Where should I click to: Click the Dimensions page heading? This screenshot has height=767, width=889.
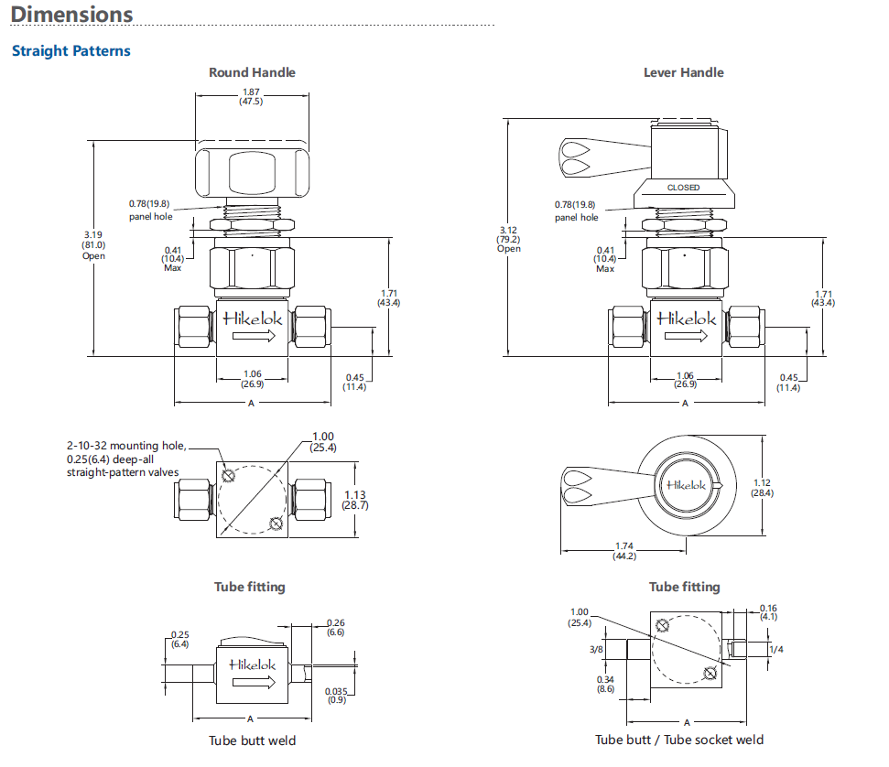click(x=71, y=15)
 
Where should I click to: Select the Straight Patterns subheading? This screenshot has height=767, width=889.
click(x=70, y=50)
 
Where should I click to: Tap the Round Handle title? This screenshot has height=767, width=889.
click(x=252, y=72)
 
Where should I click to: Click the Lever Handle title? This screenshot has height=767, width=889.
click(x=683, y=72)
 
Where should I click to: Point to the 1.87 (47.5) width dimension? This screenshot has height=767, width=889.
click(x=251, y=97)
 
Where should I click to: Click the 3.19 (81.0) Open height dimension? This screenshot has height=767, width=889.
click(x=93, y=245)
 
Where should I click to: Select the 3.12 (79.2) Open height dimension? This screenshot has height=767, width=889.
click(x=509, y=239)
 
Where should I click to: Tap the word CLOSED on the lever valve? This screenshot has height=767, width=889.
click(x=683, y=188)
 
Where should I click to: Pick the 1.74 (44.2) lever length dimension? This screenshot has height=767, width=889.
click(x=625, y=550)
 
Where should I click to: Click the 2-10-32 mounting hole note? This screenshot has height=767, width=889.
click(x=126, y=459)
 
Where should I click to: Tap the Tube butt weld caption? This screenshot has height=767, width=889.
click(x=252, y=740)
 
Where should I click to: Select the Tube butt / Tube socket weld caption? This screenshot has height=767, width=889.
click(x=679, y=740)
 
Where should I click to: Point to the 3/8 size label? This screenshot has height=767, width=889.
click(x=597, y=649)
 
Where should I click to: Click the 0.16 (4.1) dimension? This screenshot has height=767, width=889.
click(x=768, y=612)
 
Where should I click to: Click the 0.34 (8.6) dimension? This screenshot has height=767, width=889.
click(x=605, y=684)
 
